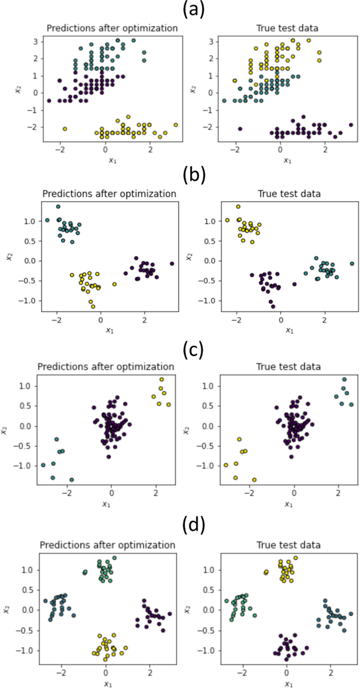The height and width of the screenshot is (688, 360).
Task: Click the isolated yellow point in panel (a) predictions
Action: (x=65, y=129)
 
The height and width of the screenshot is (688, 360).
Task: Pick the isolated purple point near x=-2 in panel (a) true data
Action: (x=241, y=129)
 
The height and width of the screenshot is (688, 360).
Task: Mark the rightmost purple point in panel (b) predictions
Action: (x=172, y=264)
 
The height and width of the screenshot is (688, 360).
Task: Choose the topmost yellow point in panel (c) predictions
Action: (x=161, y=379)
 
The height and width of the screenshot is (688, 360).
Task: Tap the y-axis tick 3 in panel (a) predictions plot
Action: (x=35, y=42)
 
